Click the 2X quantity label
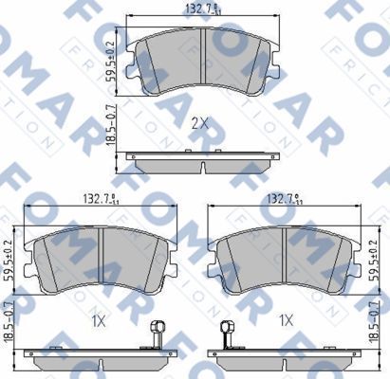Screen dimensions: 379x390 199,123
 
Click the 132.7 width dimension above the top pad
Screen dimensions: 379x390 204,9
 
